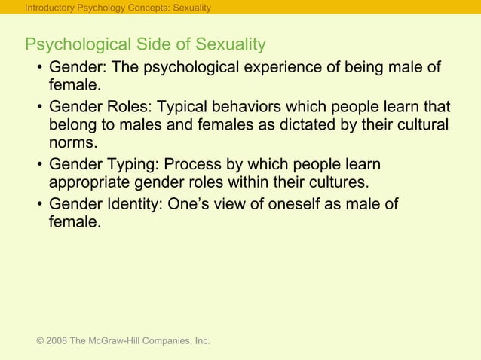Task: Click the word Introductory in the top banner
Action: click(47, 8)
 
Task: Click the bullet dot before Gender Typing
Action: click(38, 165)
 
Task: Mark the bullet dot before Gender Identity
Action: click(38, 204)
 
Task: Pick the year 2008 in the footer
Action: click(56, 341)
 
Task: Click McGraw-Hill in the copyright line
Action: click(117, 341)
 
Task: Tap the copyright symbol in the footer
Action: click(39, 341)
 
